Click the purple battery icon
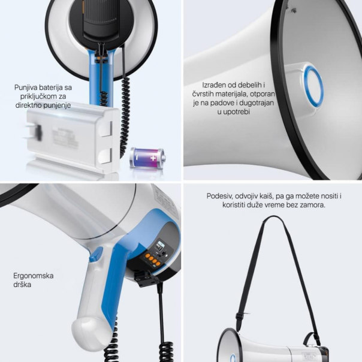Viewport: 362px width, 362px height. pyautogui.click(x=147, y=158)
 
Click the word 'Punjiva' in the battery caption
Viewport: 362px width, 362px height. pyautogui.click(x=26, y=88)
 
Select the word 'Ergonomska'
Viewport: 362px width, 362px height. pyautogui.click(x=34, y=276)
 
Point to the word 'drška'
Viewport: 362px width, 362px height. pyautogui.click(x=22, y=285)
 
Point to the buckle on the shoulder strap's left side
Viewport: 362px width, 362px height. pyautogui.click(x=240, y=315)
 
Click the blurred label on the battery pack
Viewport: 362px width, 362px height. pyautogui.click(x=65, y=137)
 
